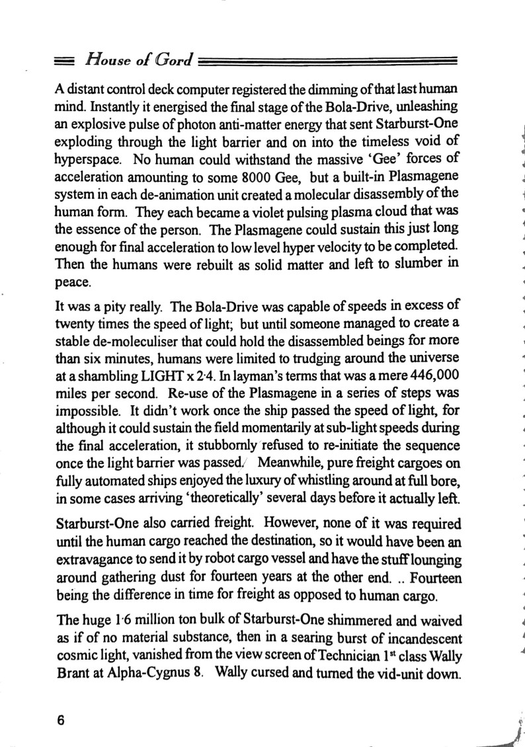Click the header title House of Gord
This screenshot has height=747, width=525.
pyautogui.click(x=137, y=62)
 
